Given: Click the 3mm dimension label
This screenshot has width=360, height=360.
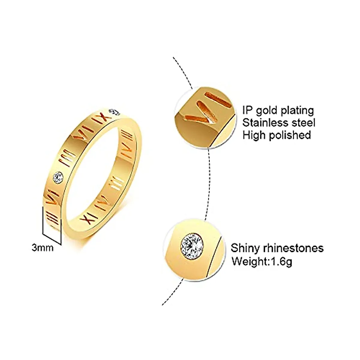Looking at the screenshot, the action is [42, 248].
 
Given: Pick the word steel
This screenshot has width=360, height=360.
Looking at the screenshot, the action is [302, 123].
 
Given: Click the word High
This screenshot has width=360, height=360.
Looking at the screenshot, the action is [254, 135].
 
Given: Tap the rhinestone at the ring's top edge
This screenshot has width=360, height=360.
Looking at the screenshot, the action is [115, 112].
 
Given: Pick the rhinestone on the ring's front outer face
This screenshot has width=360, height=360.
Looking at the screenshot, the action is [58, 178].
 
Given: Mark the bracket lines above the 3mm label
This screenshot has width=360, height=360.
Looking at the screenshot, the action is [52, 228].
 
